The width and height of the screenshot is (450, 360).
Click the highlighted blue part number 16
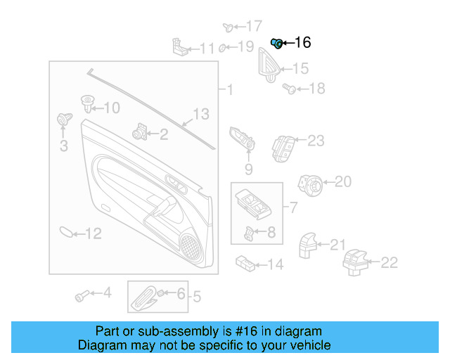click(277, 44)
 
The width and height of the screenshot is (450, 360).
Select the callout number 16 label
click(302, 43)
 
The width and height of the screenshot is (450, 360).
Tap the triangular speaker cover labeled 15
click(269, 63)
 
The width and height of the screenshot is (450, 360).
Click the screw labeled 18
click(288, 88)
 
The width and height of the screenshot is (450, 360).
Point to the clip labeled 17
click(229, 27)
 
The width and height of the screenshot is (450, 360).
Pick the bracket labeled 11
click(181, 46)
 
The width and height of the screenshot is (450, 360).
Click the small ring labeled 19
click(222, 48)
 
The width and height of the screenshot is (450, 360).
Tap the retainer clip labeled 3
click(64, 121)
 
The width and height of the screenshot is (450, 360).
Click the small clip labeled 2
click(139, 131)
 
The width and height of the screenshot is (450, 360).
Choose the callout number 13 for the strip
click(201, 113)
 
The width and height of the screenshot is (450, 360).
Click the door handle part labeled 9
click(243, 141)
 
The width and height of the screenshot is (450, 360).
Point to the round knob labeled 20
click(311, 184)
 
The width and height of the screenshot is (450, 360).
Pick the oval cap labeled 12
click(65, 232)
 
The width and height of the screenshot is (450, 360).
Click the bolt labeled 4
click(82, 294)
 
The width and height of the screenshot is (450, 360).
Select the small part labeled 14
click(245, 263)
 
